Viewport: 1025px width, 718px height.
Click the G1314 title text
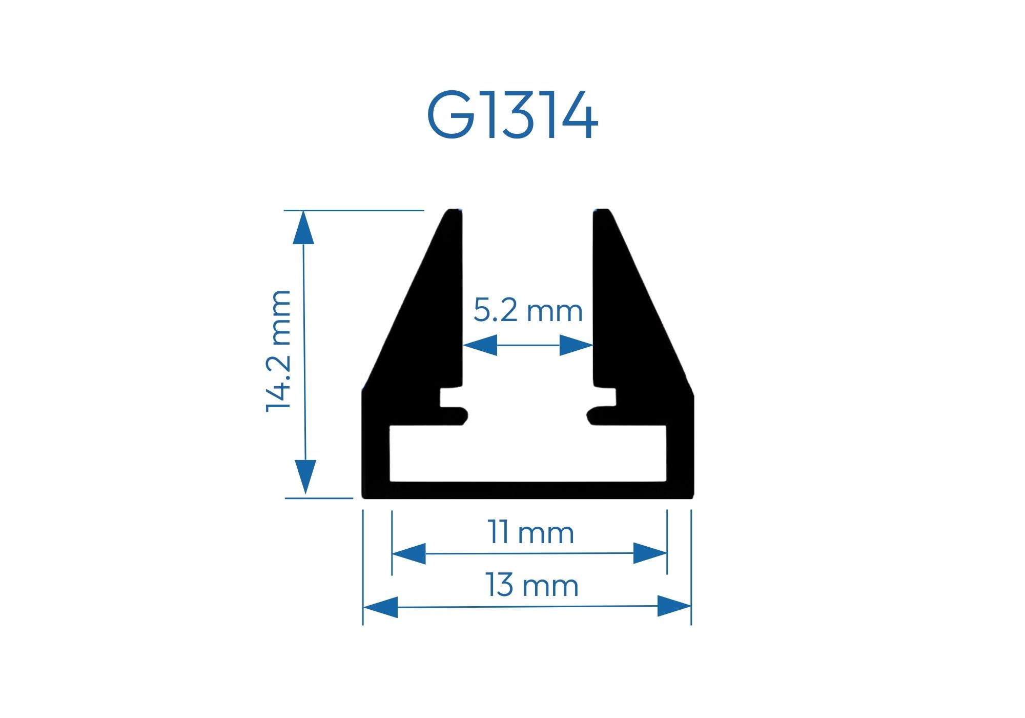point(512,115)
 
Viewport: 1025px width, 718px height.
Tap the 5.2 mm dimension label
point(528,310)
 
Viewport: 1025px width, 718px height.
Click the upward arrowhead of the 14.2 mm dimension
point(303,227)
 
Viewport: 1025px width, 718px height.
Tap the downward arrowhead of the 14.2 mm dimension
point(305,477)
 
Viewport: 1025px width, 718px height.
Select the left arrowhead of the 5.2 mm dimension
point(480,345)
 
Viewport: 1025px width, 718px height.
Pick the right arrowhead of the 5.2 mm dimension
point(576,345)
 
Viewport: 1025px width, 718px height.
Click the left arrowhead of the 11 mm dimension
point(409,553)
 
